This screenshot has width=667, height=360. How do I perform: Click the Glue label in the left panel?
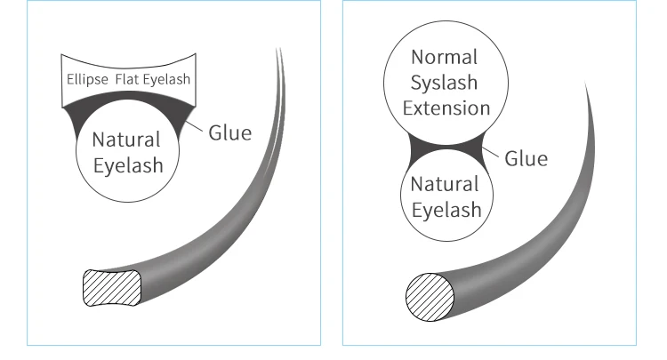230,133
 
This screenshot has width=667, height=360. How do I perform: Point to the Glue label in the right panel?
526,158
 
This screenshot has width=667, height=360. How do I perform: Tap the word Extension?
446,108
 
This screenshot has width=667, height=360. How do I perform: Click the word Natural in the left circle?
126,140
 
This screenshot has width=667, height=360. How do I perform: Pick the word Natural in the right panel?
445,185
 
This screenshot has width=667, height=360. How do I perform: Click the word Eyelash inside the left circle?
126,165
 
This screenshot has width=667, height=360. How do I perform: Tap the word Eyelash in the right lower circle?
445,211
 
